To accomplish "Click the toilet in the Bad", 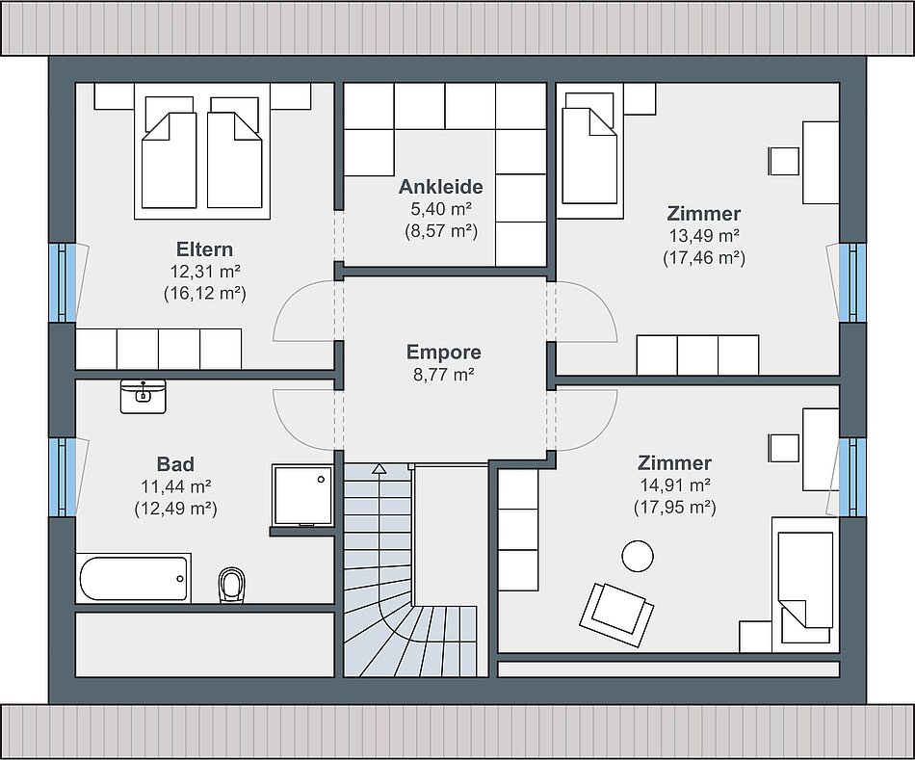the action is [232, 585].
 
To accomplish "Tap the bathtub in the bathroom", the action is [134, 579].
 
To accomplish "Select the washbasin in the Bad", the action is [143, 396].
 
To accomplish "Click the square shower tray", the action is [302, 495].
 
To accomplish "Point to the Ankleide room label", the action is [440, 187].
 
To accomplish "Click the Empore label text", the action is [443, 352].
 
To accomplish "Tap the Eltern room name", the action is [205, 249].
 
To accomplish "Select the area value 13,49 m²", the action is [704, 236].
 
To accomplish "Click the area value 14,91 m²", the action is [674, 485].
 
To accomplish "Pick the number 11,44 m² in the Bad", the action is [175, 486].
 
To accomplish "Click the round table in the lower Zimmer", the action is [638, 557].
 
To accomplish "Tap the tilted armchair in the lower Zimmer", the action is [616, 615].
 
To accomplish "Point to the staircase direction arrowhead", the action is [379, 468].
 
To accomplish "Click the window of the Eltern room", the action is [63, 282].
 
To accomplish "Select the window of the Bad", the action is [63, 477].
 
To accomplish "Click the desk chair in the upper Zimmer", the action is [784, 161].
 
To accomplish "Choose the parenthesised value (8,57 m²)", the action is [441, 231].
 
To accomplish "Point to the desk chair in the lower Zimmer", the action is [784, 448].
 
